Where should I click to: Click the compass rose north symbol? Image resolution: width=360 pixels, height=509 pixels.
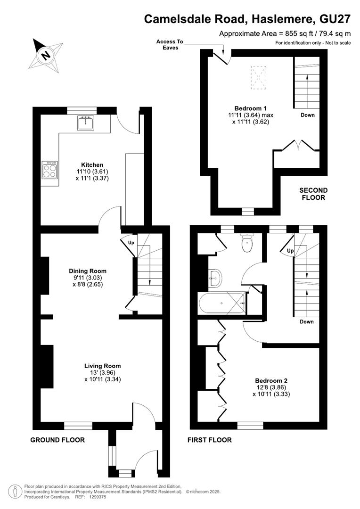46,56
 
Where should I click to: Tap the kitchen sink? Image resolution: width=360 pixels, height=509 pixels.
86,123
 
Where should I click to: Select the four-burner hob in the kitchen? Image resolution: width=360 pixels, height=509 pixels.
49,170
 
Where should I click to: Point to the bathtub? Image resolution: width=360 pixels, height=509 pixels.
222,303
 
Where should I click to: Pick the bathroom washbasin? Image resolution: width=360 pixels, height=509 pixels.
215,278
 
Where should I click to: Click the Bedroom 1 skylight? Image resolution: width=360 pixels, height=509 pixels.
258,78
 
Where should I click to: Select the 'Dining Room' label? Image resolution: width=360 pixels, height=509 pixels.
88,271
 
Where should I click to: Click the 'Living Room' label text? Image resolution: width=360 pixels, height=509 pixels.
103,366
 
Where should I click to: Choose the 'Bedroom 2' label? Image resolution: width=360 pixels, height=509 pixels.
271,380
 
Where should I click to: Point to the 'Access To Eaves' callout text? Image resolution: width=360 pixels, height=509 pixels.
170,44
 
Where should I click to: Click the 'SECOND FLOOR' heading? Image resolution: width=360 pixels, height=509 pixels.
313,194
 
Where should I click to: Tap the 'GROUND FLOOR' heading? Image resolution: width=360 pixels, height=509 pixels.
57,440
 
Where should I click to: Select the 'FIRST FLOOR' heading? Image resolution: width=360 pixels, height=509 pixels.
210,440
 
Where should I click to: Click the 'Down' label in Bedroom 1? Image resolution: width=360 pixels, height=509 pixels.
308,115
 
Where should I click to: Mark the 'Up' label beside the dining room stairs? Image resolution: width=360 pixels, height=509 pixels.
131,243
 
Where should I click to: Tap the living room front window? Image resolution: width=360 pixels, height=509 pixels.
78,426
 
